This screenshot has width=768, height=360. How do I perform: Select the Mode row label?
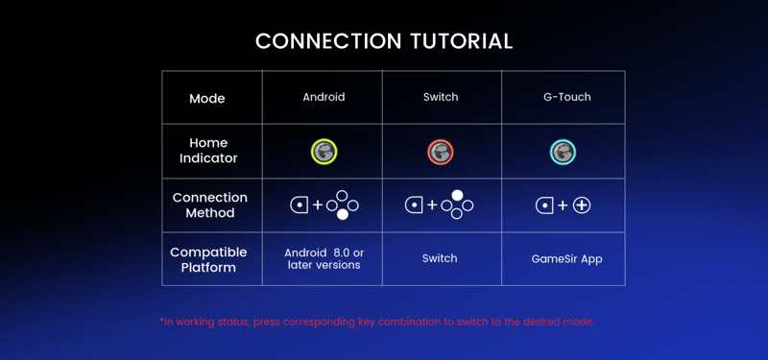207,99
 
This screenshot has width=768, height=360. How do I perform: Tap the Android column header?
324,97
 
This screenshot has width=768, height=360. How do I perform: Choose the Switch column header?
441,97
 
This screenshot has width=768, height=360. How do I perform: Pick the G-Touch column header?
567,97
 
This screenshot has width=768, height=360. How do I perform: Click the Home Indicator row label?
208,151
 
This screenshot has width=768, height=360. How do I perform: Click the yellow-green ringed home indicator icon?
324,152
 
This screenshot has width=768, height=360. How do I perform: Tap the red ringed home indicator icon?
441,153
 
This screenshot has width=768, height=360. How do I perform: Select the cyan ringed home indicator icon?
563,153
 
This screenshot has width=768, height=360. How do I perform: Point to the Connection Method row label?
209,205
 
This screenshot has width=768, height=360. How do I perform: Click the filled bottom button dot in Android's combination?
343,214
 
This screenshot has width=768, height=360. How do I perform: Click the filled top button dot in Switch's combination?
457,195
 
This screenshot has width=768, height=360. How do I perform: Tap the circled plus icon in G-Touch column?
582,205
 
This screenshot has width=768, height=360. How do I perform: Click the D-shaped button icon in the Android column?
300,205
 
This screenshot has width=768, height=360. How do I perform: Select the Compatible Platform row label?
208,260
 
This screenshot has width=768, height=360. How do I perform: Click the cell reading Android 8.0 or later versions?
324,259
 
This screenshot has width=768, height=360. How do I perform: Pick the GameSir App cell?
566,258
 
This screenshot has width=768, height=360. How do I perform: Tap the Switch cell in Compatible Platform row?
440,258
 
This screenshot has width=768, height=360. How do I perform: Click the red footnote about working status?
377,323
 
